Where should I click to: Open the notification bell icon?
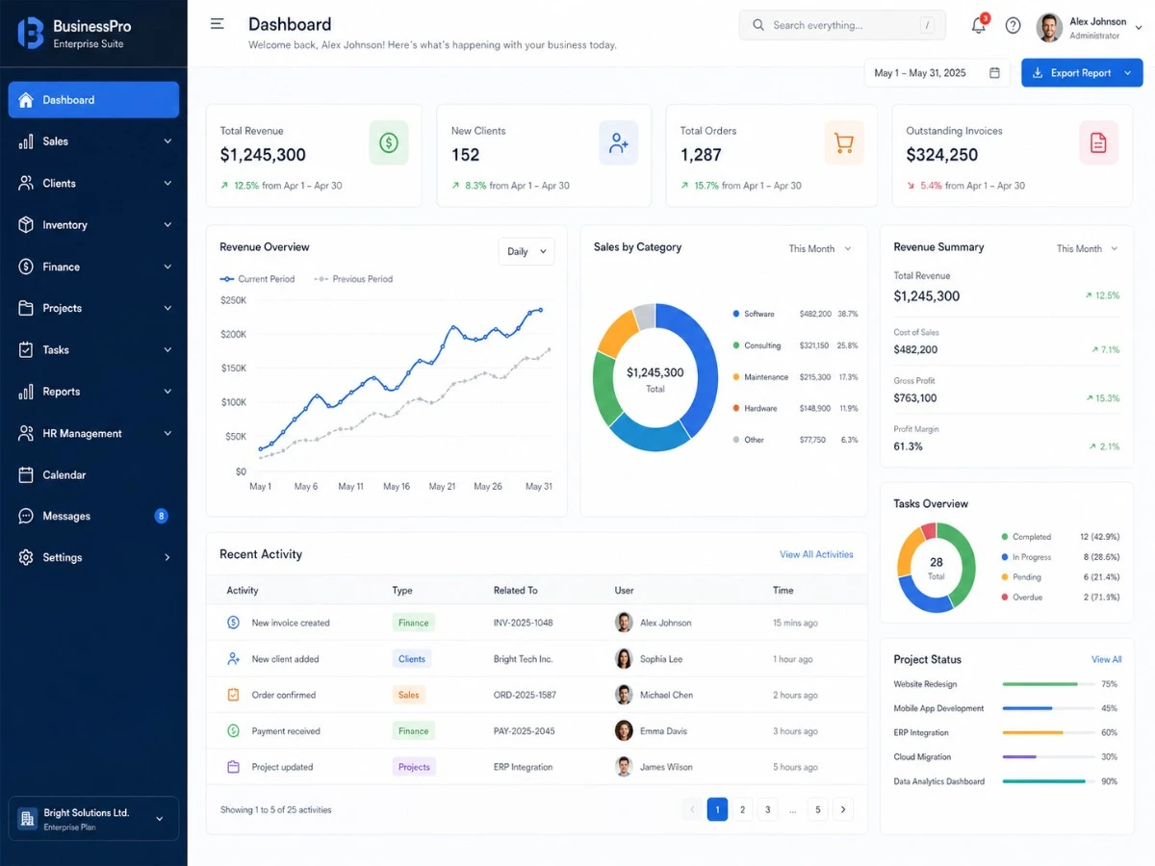pos(979,26)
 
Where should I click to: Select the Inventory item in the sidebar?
pos(64,225)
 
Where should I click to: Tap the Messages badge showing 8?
pos(161,517)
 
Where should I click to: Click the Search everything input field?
pos(839,26)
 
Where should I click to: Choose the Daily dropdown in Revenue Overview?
pos(526,251)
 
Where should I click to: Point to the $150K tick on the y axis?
pos(234,369)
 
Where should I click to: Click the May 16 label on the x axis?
pos(397,487)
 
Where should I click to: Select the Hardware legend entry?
pos(760,408)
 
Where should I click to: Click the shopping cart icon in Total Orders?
pos(843,143)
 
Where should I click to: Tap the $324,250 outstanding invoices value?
pos(941,155)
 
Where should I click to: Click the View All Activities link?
pos(816,554)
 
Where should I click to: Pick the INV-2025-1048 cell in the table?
pos(523,624)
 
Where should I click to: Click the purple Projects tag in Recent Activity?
pos(414,767)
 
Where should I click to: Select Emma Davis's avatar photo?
pos(624,731)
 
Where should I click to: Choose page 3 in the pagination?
pos(767,810)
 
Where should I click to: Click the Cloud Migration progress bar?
pos(1048,757)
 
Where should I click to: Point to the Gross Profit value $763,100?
pos(914,398)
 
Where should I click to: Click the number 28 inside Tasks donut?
pos(936,563)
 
